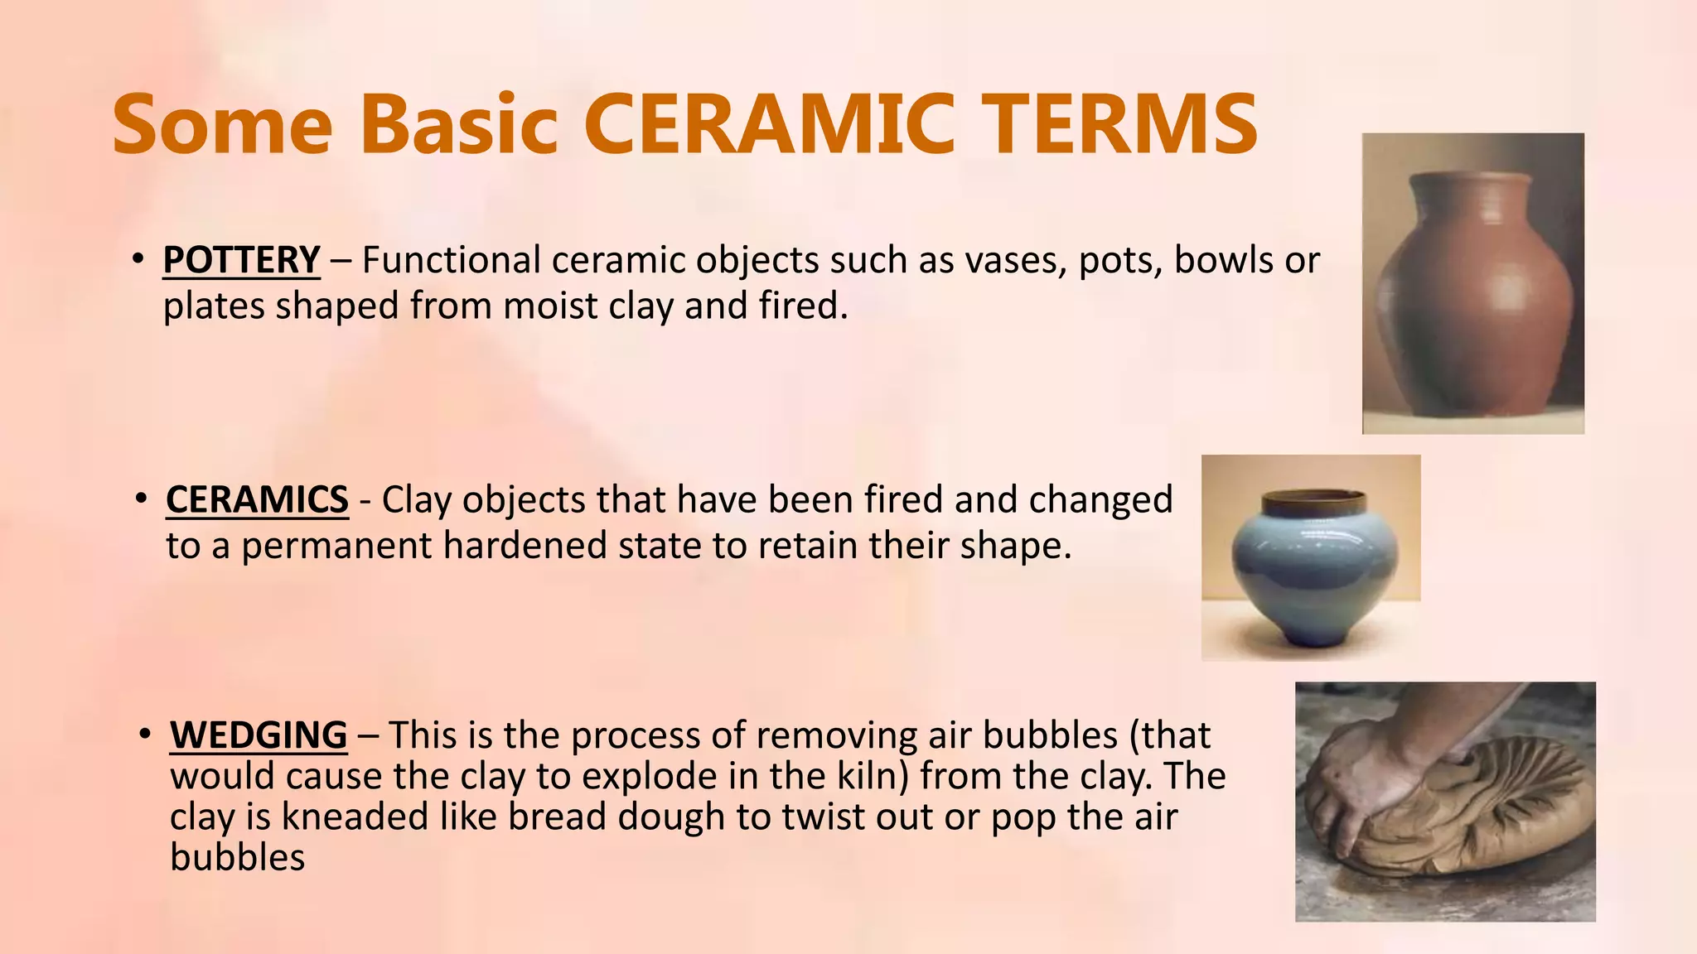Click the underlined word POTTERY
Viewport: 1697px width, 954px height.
point(241,260)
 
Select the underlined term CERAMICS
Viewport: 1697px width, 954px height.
point(257,500)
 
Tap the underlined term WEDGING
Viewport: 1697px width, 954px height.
point(259,735)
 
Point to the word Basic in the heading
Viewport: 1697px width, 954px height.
point(459,124)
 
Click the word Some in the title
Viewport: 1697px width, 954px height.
point(222,124)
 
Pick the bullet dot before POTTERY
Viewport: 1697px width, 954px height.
point(138,259)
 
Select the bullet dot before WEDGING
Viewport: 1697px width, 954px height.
point(146,735)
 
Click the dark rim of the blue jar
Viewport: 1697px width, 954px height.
point(1312,500)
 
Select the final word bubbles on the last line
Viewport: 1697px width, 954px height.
point(237,857)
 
